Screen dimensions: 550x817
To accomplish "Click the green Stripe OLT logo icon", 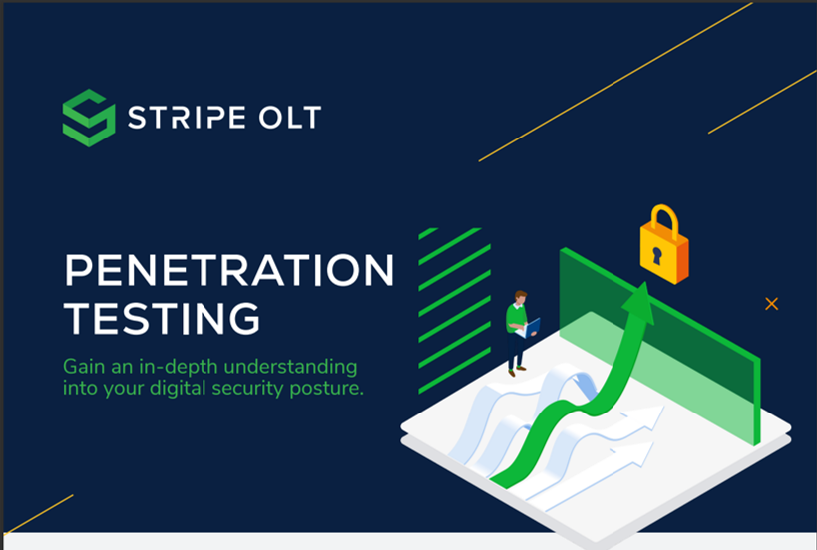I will [89, 118].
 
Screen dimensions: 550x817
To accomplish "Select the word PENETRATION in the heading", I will [228, 271].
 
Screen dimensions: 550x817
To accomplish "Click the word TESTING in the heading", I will [162, 318].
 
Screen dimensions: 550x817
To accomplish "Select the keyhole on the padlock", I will [657, 254].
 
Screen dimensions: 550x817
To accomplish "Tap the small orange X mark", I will [771, 304].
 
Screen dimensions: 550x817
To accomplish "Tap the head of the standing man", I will [519, 297].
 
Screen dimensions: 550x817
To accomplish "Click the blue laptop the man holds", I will [532, 326].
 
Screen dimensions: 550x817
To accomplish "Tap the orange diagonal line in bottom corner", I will [39, 513].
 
